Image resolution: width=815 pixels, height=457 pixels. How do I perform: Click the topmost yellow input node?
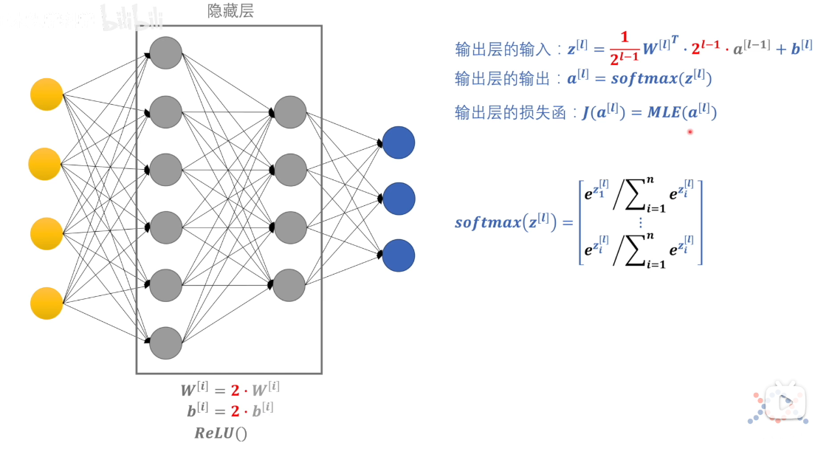47,94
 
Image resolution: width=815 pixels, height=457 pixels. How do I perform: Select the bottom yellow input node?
47,303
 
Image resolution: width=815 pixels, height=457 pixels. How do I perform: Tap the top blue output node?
399,142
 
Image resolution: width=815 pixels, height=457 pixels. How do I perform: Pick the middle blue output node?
399,199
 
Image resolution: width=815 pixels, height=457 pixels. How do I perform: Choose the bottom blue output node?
399,255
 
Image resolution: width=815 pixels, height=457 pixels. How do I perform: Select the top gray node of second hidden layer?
289,111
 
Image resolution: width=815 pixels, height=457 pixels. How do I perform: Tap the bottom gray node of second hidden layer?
289,285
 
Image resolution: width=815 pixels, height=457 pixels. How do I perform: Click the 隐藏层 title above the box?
231,12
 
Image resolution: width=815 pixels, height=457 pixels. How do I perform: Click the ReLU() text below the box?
221,433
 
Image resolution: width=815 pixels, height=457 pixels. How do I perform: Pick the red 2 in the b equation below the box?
235,410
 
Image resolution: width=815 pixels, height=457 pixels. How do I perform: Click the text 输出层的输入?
503,49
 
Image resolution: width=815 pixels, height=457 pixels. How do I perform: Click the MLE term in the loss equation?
664,112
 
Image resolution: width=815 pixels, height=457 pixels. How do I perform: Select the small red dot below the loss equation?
690,132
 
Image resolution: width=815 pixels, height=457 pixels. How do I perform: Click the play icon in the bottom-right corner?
783,402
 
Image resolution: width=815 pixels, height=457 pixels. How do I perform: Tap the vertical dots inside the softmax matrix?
640,222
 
